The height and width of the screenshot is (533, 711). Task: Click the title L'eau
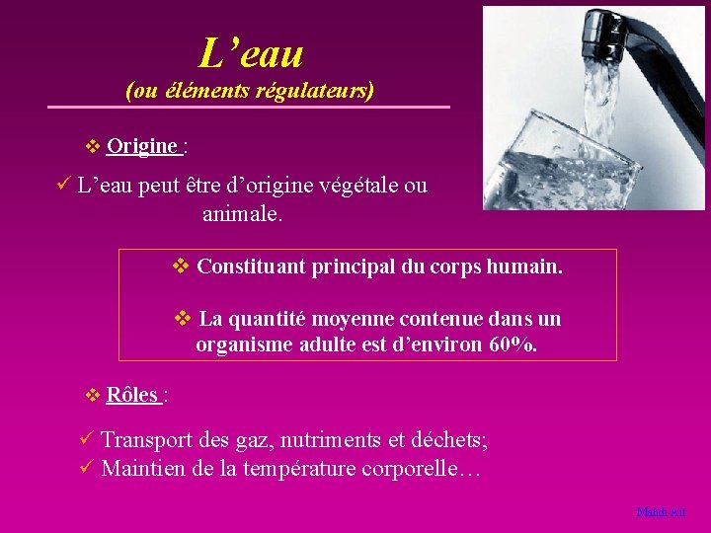[251, 52]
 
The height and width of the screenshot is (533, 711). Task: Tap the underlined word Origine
[142, 146]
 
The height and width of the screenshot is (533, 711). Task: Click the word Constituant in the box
[251, 266]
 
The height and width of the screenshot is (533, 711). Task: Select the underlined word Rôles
[131, 395]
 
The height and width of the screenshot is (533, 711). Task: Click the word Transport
[150, 440]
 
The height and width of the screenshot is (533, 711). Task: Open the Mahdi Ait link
[661, 512]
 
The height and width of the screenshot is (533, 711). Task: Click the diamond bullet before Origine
[93, 147]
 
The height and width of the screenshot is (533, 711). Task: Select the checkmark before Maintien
[86, 467]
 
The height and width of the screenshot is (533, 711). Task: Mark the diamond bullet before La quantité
[182, 318]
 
